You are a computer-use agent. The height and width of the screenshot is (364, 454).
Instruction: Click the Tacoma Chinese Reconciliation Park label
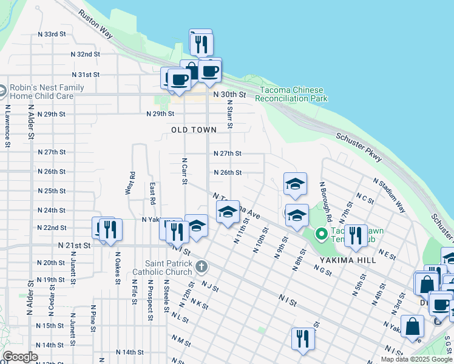click(293, 94)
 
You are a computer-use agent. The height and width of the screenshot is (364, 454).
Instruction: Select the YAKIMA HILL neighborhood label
click(345, 260)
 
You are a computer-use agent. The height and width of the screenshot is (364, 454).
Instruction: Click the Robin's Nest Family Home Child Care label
click(42, 92)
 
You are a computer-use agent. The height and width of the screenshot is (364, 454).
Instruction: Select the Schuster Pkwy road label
click(359, 147)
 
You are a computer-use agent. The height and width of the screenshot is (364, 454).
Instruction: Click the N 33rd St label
click(51, 34)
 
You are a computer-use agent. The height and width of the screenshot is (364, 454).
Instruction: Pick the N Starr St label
click(230, 115)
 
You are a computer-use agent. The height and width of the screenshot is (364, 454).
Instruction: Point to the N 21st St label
click(74, 245)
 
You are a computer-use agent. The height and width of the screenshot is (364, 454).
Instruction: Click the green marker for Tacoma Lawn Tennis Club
click(321, 234)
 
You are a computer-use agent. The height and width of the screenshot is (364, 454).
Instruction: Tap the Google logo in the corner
click(20, 357)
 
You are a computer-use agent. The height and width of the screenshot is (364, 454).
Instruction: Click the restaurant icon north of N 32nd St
click(201, 43)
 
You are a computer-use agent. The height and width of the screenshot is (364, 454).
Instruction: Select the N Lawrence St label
click(7, 126)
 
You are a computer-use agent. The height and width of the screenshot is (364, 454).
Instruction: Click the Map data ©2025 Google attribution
click(416, 359)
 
